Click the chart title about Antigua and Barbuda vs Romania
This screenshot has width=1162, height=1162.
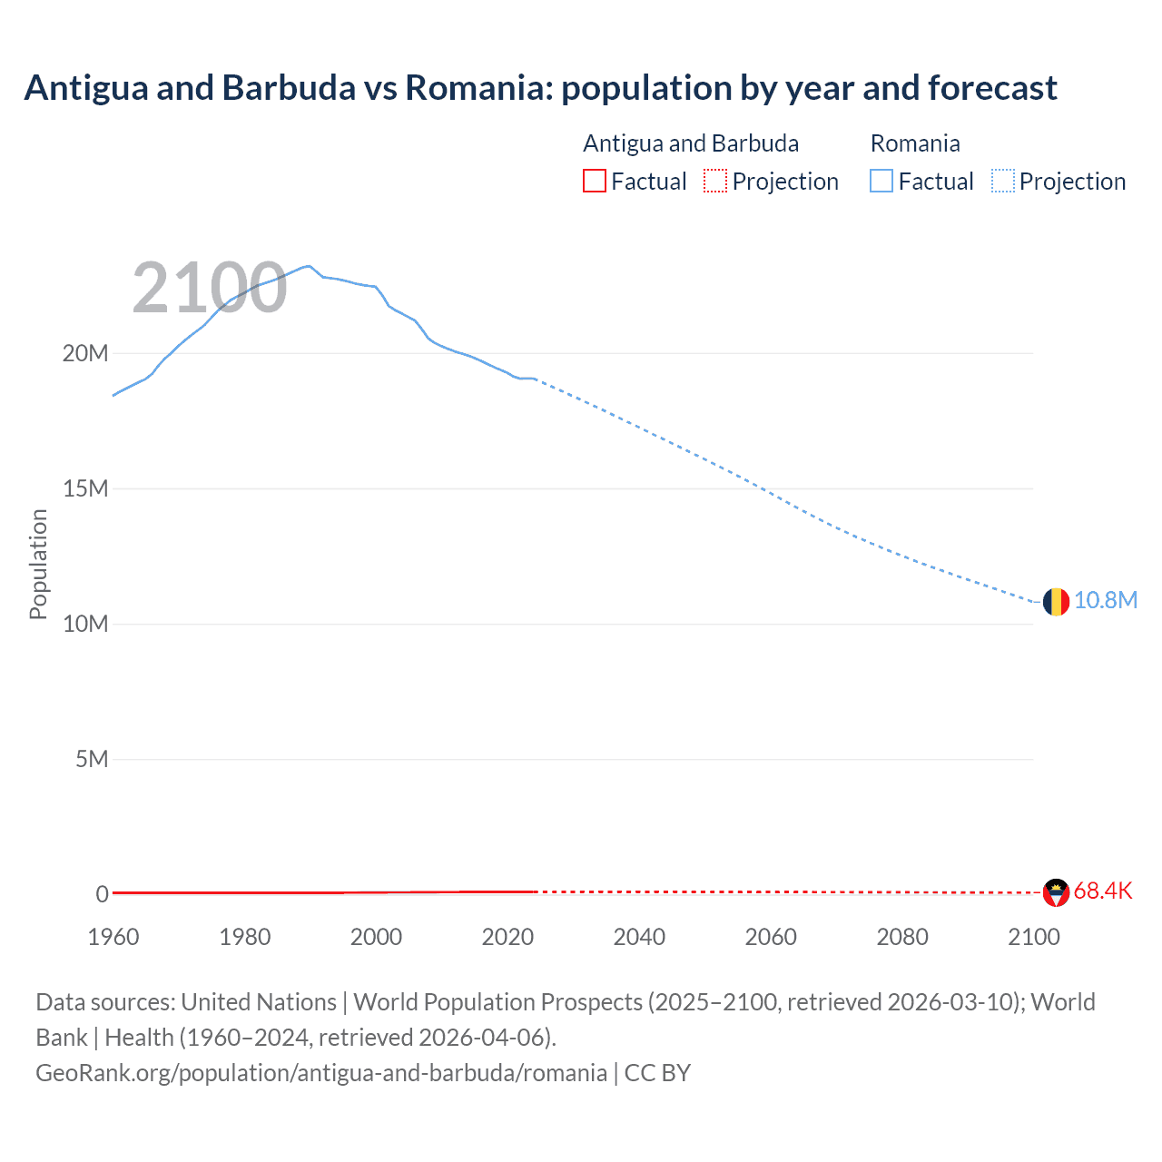[x=540, y=88]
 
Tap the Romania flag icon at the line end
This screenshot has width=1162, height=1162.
[x=1056, y=601]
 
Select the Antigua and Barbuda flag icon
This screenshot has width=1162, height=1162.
[x=1056, y=892]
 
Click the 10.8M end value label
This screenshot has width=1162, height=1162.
[x=1105, y=600]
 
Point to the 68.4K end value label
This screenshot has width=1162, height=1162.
[x=1102, y=891]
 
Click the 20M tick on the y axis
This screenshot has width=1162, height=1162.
[x=85, y=353]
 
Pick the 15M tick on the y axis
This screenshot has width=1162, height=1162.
[x=85, y=488]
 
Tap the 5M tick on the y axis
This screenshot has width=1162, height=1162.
[x=92, y=759]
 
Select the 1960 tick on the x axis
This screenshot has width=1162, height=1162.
[x=113, y=937]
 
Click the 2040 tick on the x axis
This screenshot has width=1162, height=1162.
[x=639, y=937]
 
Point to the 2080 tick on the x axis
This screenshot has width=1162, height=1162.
[x=902, y=937]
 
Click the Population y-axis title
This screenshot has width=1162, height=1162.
[x=38, y=564]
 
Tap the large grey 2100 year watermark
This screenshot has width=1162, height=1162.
[x=210, y=289]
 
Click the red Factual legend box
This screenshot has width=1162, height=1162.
[x=594, y=181]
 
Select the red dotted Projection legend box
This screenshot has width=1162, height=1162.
[x=715, y=181]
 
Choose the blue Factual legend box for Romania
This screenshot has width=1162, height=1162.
[x=881, y=181]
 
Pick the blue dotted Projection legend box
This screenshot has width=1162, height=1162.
[x=1003, y=181]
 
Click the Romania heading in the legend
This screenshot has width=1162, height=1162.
[x=915, y=143]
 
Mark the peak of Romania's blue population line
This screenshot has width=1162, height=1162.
[x=309, y=266]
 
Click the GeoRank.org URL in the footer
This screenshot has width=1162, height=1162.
[x=321, y=1072]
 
